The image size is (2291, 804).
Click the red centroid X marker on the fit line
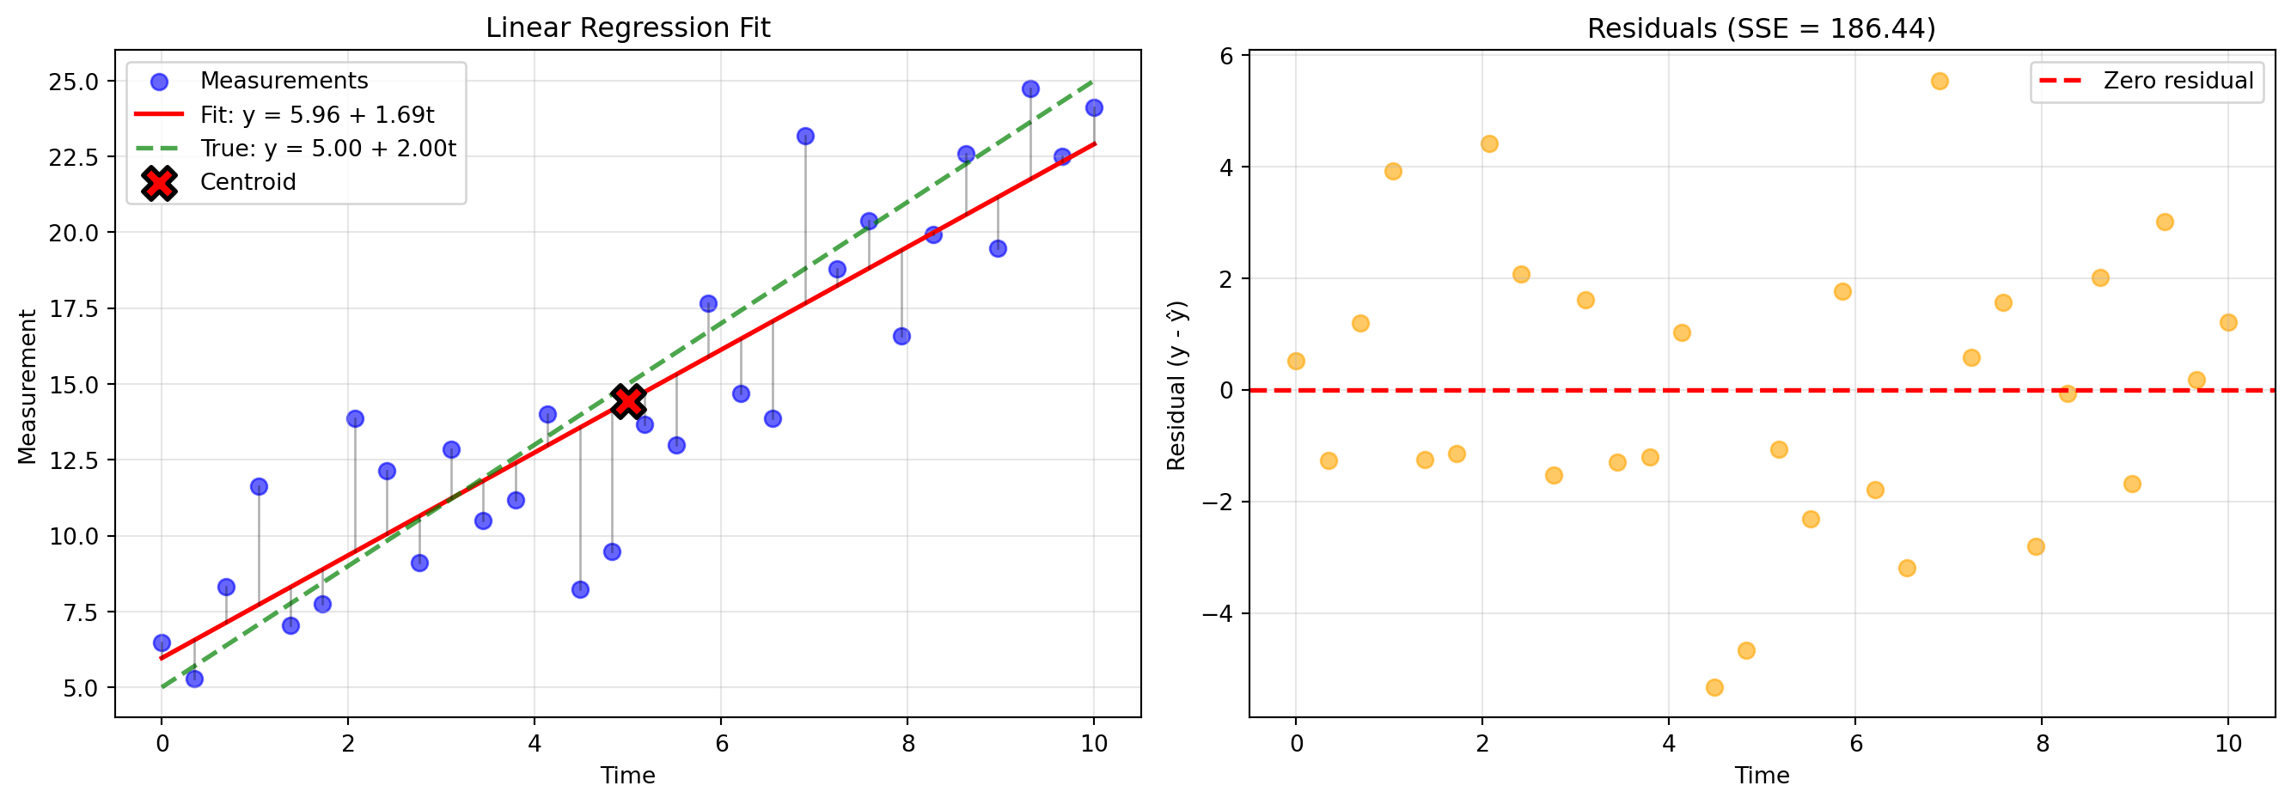click(x=628, y=401)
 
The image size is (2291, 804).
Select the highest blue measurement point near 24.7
click(x=1029, y=89)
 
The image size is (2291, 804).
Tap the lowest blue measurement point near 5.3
click(x=194, y=679)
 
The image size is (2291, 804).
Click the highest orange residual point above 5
click(x=1940, y=81)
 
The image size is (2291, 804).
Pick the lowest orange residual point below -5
click(x=1714, y=687)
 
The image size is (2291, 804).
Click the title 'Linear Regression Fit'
click(x=627, y=27)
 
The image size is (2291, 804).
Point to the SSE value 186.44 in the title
click(x=1879, y=28)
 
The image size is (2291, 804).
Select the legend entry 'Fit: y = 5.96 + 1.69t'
click(x=316, y=115)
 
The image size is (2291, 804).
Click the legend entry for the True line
click(x=327, y=149)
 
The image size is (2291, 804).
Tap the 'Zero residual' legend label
click(x=2178, y=81)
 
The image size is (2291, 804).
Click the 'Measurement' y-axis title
click(x=27, y=386)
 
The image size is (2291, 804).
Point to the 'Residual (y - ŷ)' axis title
click(x=1176, y=386)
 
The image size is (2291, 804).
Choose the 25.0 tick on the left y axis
click(x=74, y=82)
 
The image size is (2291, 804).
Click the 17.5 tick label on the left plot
click(x=74, y=308)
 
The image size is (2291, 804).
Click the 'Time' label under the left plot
click(x=627, y=776)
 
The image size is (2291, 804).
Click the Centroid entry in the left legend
click(x=247, y=182)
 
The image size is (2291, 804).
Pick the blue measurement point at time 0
click(x=162, y=643)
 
